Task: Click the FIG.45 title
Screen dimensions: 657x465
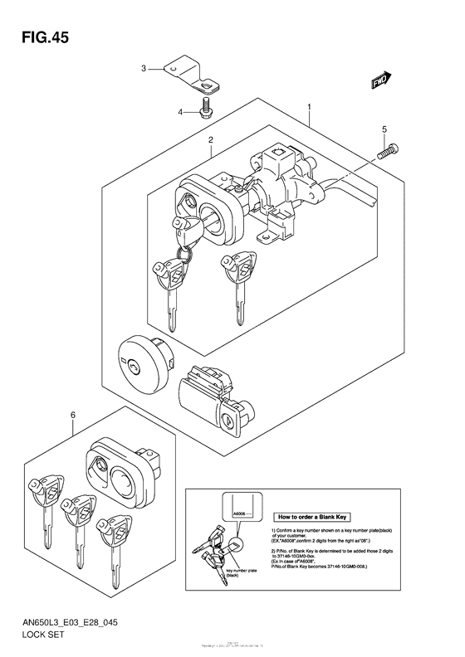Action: click(38, 38)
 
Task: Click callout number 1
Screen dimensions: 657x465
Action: click(308, 108)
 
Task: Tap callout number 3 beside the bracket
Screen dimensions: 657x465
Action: click(143, 68)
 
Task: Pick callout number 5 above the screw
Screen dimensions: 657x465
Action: click(384, 129)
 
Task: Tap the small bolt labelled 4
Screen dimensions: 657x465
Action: click(204, 107)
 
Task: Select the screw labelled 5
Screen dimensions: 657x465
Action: click(388, 151)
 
